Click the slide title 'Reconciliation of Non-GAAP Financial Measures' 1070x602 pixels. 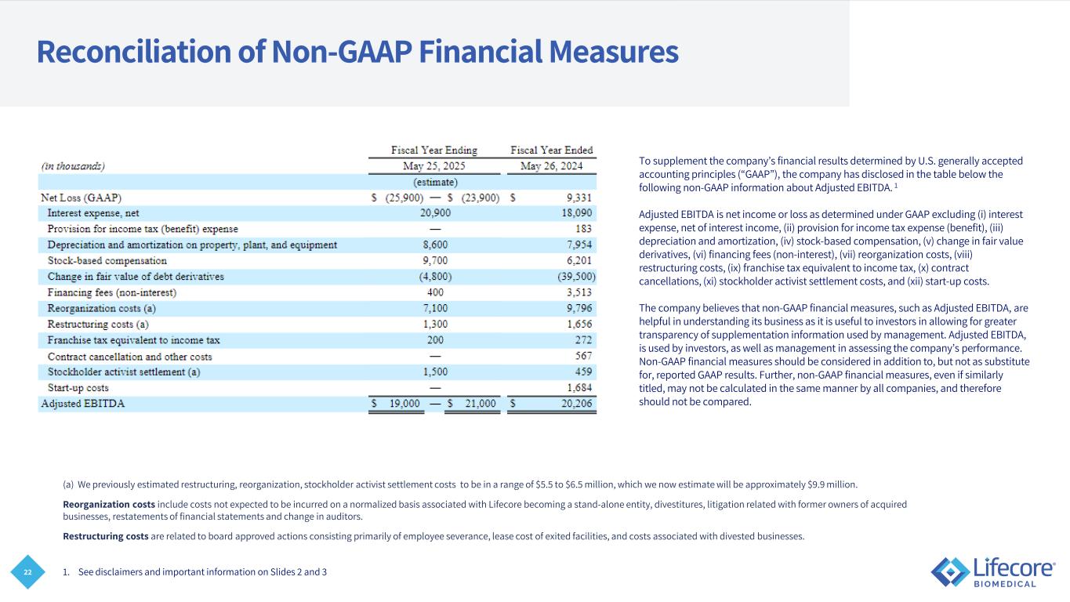click(x=357, y=52)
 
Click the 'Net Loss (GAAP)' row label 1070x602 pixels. click(x=81, y=198)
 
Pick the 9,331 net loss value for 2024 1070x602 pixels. click(x=576, y=198)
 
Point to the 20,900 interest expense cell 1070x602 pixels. click(x=436, y=213)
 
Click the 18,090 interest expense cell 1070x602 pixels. click(x=576, y=213)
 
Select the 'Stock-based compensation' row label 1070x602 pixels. click(x=107, y=260)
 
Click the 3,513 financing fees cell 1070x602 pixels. click(x=579, y=292)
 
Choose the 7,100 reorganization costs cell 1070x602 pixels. click(x=436, y=308)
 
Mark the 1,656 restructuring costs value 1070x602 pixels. click(x=579, y=324)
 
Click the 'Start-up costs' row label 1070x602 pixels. click(x=78, y=387)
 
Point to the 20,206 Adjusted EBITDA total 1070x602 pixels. click(x=575, y=404)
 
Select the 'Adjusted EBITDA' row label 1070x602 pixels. click(x=82, y=404)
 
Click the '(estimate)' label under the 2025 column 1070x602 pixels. click(x=436, y=182)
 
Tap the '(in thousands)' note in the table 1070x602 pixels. click(x=73, y=166)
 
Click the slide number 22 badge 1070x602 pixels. click(x=28, y=573)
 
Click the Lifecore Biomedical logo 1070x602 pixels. click(x=992, y=571)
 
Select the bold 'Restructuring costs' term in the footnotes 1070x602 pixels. click(x=105, y=536)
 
